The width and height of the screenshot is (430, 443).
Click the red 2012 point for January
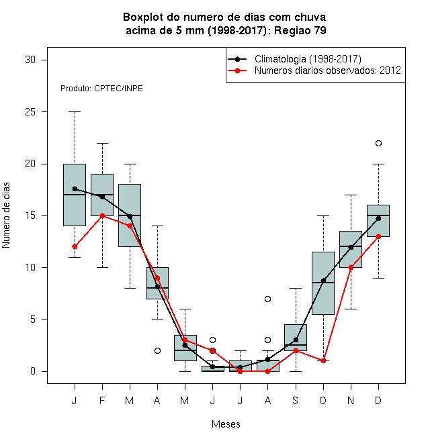click(x=75, y=246)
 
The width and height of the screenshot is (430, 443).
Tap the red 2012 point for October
click(x=323, y=361)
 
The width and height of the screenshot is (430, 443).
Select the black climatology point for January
click(x=75, y=189)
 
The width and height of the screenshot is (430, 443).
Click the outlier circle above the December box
click(x=378, y=143)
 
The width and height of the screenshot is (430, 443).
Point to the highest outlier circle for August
click(x=267, y=299)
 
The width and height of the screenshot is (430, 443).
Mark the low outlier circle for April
click(x=158, y=350)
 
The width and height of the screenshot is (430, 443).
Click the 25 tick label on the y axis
click(x=30, y=112)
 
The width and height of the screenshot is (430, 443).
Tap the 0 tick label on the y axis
click(x=33, y=371)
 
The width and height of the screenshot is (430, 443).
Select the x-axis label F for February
click(x=102, y=400)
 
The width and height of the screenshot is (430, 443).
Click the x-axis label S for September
click(x=296, y=400)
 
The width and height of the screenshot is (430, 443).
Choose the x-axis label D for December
click(x=378, y=400)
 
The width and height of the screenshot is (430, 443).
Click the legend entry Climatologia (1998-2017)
click(x=308, y=59)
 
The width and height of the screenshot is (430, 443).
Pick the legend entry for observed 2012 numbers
click(x=328, y=70)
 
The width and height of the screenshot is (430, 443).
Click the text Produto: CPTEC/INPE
click(x=101, y=89)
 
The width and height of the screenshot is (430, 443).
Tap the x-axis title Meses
click(x=226, y=424)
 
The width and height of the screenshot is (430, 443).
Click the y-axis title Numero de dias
click(x=6, y=215)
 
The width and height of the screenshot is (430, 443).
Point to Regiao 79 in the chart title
click(x=300, y=30)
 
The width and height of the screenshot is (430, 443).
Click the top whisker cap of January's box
click(x=75, y=112)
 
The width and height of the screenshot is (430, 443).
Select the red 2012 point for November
click(x=351, y=267)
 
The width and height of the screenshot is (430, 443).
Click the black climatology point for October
click(x=323, y=281)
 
